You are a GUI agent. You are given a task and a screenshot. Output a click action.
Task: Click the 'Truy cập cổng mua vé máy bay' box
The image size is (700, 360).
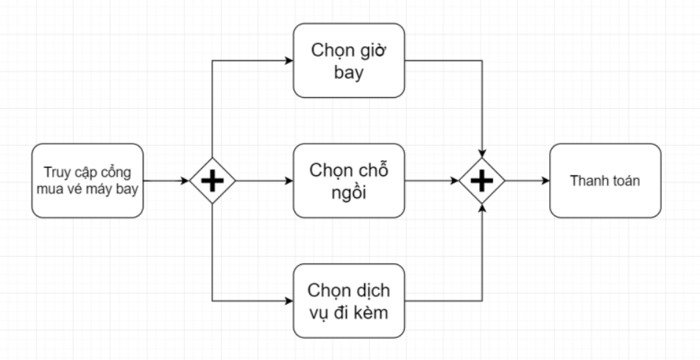[88, 180]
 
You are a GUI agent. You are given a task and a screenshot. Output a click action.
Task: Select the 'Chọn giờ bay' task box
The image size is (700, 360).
[350, 60]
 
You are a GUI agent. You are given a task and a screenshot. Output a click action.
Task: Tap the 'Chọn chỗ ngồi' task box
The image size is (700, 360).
[350, 180]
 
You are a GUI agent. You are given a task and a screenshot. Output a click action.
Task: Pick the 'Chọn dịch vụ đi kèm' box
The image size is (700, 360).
[350, 300]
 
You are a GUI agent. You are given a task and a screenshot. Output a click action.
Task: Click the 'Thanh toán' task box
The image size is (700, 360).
[605, 180]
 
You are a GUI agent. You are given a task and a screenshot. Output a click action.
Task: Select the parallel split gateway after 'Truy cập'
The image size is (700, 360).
[212, 180]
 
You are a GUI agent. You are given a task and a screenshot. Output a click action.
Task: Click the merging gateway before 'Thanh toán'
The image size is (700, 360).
[482, 180]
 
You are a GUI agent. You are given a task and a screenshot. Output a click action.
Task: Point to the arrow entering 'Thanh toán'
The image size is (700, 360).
[527, 180]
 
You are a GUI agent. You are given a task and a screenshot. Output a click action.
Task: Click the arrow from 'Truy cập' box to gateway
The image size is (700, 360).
[166, 180]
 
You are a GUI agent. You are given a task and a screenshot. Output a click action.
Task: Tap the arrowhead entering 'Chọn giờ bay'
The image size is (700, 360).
[288, 60]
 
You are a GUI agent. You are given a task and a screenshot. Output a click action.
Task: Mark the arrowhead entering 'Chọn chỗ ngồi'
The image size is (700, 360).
[288, 180]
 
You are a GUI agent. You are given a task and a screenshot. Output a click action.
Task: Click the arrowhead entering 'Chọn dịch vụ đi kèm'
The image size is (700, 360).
[288, 300]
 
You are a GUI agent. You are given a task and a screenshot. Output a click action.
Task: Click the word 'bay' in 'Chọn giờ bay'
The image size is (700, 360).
[350, 74]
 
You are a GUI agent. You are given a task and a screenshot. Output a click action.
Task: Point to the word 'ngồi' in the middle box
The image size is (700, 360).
[350, 194]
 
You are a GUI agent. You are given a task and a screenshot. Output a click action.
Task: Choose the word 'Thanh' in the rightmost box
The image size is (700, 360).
[587, 180]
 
